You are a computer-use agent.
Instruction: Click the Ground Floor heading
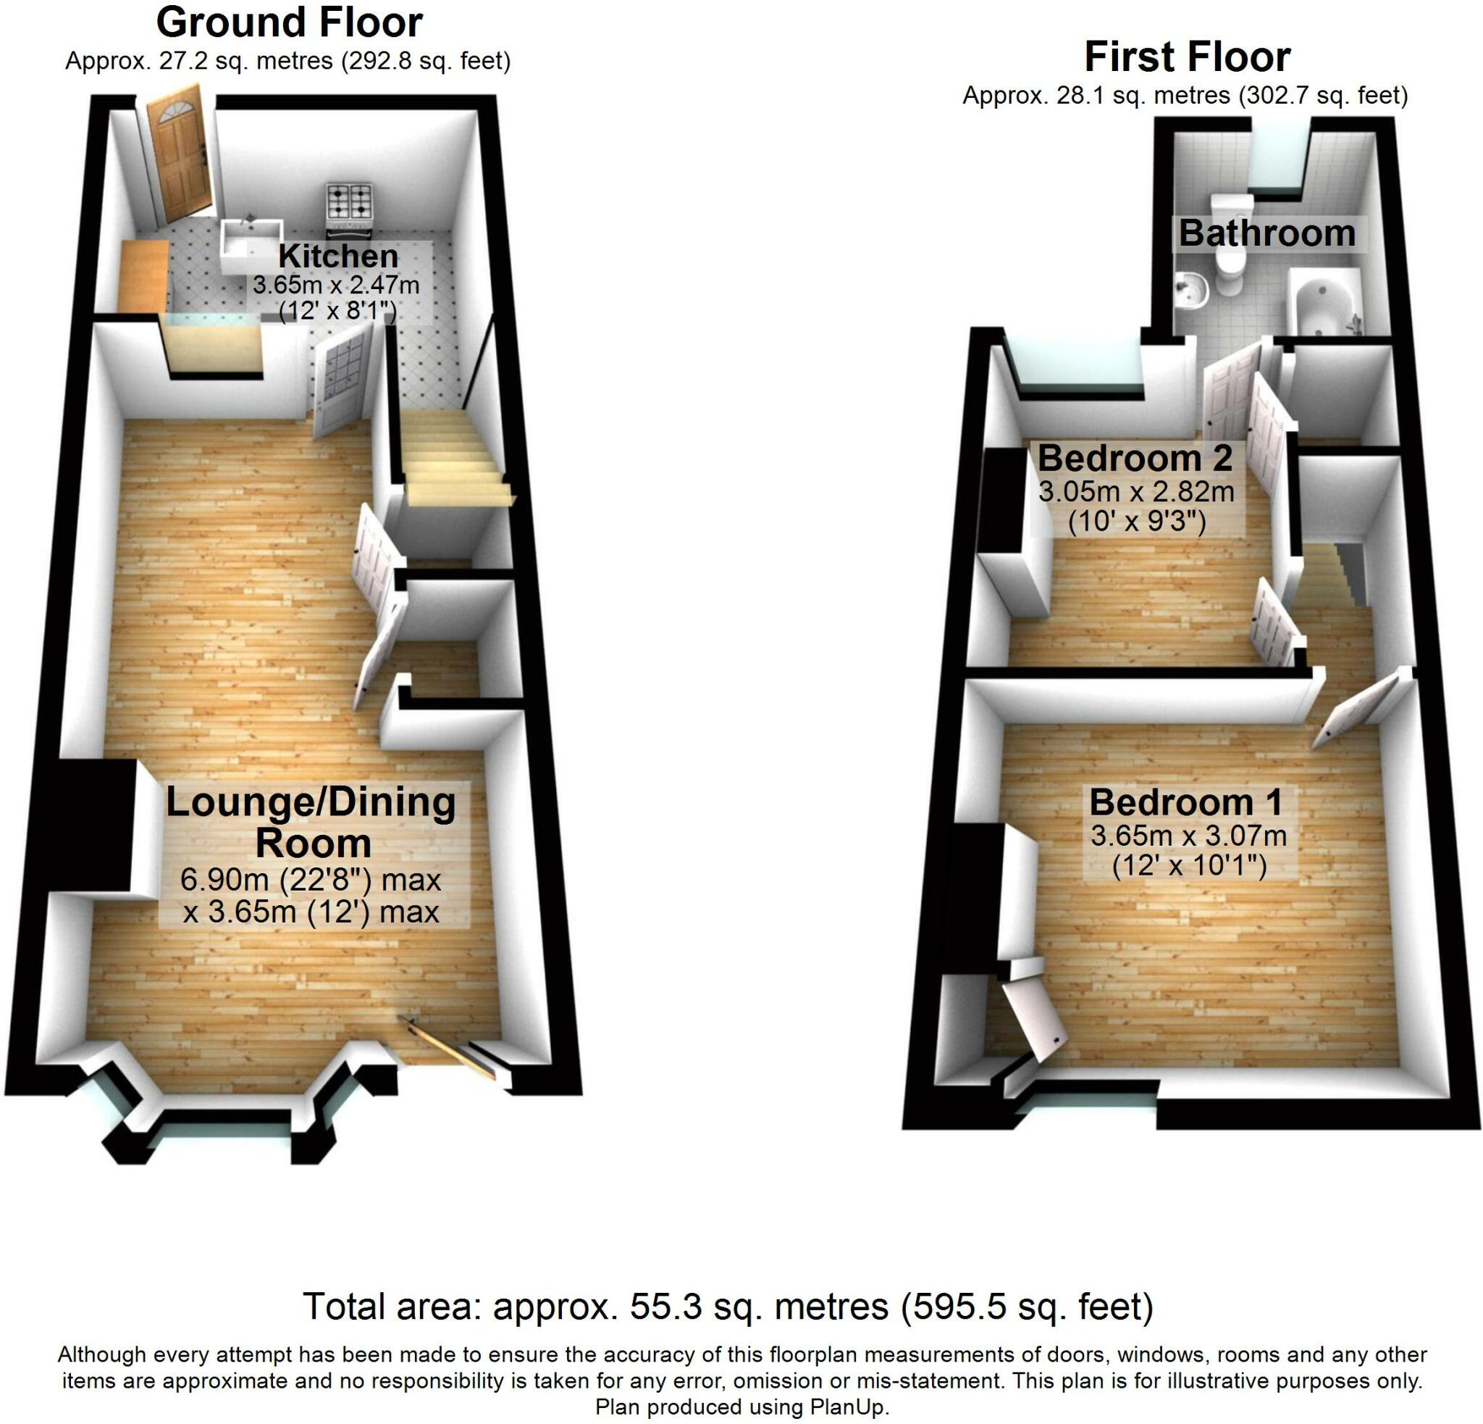(x=289, y=22)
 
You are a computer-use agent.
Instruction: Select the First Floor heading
(x=1186, y=57)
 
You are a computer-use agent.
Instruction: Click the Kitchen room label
(x=337, y=257)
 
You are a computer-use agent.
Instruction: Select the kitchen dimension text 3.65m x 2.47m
(x=336, y=286)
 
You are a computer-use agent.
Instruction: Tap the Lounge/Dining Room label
(x=311, y=822)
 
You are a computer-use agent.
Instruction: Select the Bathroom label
(x=1266, y=233)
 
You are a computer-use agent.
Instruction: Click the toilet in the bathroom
(x=1230, y=265)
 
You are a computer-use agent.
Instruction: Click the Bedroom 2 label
(x=1134, y=459)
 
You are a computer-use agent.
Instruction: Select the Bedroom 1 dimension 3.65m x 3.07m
(x=1188, y=836)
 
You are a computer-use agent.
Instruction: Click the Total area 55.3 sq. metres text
(x=728, y=1306)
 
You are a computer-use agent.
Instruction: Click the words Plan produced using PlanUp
(x=741, y=1407)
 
